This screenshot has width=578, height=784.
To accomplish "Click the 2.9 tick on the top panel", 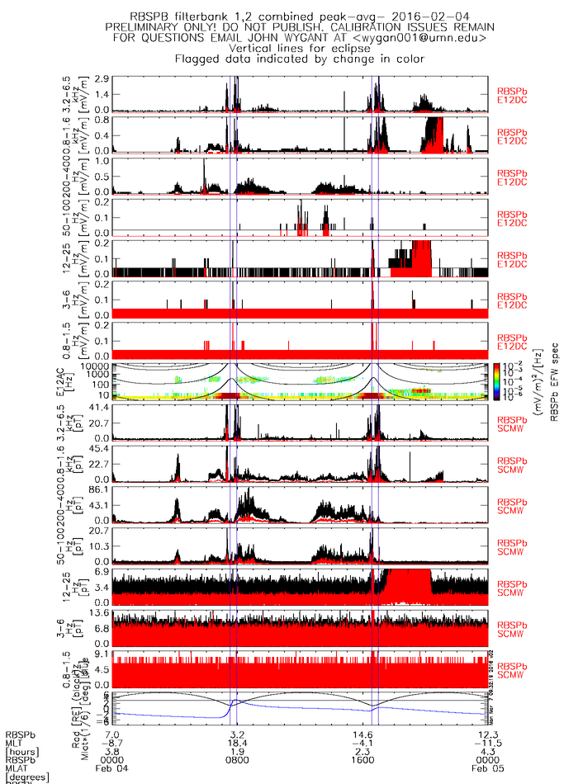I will click(x=103, y=78).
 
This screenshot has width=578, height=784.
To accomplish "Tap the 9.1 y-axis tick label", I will click(x=103, y=655).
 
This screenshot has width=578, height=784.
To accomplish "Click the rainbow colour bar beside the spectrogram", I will click(x=495, y=380).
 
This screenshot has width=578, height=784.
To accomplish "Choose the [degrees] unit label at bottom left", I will click(x=29, y=778).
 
